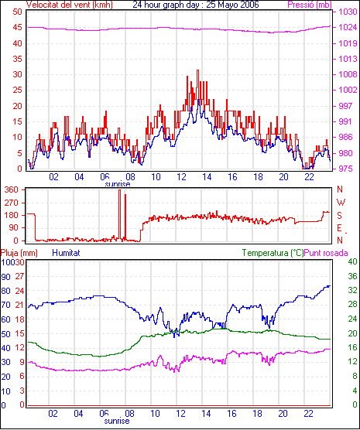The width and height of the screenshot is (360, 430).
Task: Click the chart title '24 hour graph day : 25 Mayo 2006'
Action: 196,5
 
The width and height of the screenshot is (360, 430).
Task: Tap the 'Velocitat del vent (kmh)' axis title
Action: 69,5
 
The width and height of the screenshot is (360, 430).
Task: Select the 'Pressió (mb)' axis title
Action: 310,5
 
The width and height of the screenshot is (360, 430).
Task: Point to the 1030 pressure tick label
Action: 348,12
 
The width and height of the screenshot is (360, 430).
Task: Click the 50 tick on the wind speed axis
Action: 17,12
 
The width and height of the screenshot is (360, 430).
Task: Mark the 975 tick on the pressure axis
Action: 348,169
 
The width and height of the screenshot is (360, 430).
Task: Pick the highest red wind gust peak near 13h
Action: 197,70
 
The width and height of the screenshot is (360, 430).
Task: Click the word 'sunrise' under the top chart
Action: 118,184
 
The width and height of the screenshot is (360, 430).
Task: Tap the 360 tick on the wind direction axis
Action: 12,189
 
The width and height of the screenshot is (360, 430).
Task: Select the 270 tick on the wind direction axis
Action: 12,203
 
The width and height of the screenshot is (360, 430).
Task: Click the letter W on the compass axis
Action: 341,203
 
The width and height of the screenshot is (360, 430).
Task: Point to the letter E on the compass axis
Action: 340,228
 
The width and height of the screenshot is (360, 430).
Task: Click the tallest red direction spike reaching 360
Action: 119,214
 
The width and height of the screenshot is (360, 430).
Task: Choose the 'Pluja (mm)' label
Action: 19,253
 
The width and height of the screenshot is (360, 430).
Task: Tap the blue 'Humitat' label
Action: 66,253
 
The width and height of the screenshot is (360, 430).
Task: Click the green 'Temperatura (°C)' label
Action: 273,253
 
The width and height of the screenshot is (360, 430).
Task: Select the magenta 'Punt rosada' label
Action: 326,253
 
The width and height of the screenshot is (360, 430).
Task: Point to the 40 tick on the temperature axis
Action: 352,261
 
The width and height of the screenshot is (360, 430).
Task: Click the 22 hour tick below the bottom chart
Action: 309,413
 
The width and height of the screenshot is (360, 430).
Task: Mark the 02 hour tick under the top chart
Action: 54,177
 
